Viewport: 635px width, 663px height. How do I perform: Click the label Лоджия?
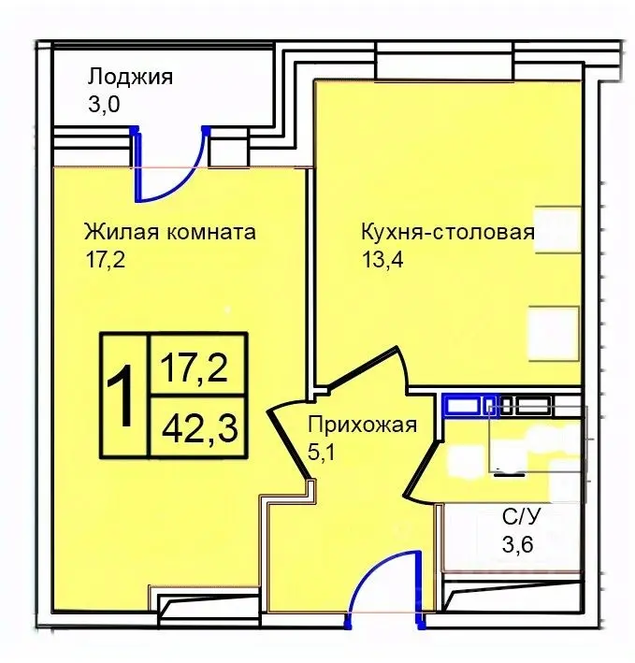tap(130, 77)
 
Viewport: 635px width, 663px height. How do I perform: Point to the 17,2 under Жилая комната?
tap(104, 259)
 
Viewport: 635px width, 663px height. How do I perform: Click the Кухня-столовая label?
tap(447, 232)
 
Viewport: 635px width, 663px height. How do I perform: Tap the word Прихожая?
tap(361, 425)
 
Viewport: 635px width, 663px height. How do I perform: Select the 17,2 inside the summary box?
tap(197, 366)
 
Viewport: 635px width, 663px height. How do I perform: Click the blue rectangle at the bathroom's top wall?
tap(462, 405)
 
